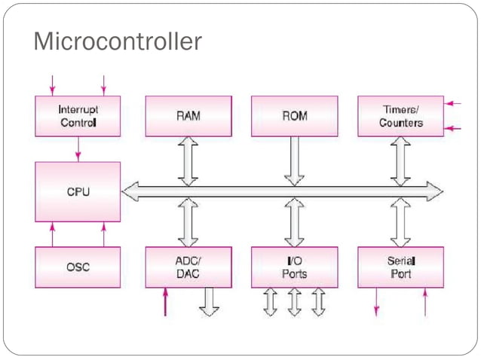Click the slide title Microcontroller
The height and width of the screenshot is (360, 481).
click(118, 42)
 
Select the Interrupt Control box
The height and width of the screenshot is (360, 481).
click(78, 116)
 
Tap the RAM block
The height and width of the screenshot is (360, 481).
click(188, 116)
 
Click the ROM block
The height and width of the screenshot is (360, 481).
click(294, 116)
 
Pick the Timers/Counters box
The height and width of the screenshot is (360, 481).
click(400, 116)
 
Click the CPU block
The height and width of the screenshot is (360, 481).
click(78, 191)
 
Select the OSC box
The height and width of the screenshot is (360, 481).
click(78, 267)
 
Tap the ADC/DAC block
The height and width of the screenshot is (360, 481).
click(188, 267)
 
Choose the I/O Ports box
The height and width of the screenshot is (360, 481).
click(294, 267)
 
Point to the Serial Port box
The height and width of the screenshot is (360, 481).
click(400, 267)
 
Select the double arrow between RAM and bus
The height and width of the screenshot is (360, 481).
click(188, 160)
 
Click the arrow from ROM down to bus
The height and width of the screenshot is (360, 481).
click(294, 160)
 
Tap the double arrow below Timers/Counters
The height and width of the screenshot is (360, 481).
click(400, 160)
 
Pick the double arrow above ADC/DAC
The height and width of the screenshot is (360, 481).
click(188, 224)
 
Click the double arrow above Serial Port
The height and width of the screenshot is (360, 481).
click(400, 224)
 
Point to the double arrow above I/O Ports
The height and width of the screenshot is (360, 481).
click(294, 224)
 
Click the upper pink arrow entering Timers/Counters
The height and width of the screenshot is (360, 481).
click(453, 103)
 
